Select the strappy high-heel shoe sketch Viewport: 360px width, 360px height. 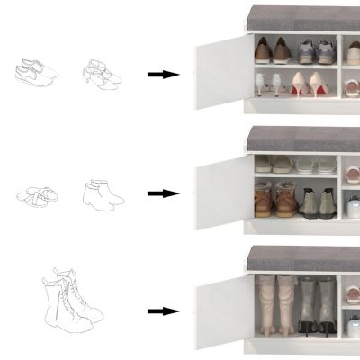[x=103, y=73]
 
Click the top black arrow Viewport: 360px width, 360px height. [x=162, y=74]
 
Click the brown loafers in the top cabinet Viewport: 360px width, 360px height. [x=281, y=51]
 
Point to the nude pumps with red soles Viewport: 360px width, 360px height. [x=310, y=85]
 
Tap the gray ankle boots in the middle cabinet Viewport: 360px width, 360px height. [x=319, y=202]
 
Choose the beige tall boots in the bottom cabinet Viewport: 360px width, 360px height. [x=275, y=306]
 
